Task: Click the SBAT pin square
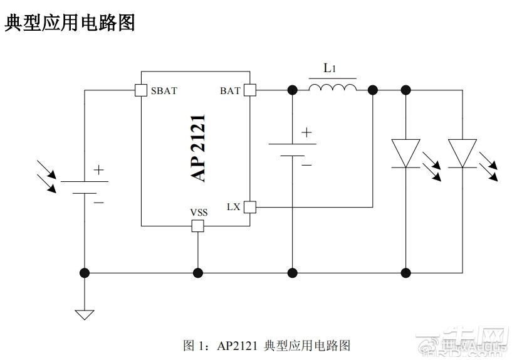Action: click(141, 90)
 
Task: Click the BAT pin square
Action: click(250, 90)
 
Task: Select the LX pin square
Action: click(250, 206)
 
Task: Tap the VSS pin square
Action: click(197, 226)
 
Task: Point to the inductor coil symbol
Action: click(332, 87)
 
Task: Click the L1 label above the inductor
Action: click(330, 68)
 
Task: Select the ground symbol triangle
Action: click(85, 314)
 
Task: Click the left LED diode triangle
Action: click(405, 153)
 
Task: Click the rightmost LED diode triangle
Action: click(462, 153)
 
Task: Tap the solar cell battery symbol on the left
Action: click(85, 187)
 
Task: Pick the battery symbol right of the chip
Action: click(292, 149)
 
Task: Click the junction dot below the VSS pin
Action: click(197, 273)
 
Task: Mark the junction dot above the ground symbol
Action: click(85, 273)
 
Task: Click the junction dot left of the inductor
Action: click(292, 90)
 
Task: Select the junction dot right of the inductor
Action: click(373, 90)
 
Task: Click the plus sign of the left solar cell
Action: click(99, 169)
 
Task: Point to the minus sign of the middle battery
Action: click(306, 164)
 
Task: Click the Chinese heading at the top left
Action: click(70, 23)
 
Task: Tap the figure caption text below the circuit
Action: click(266, 345)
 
